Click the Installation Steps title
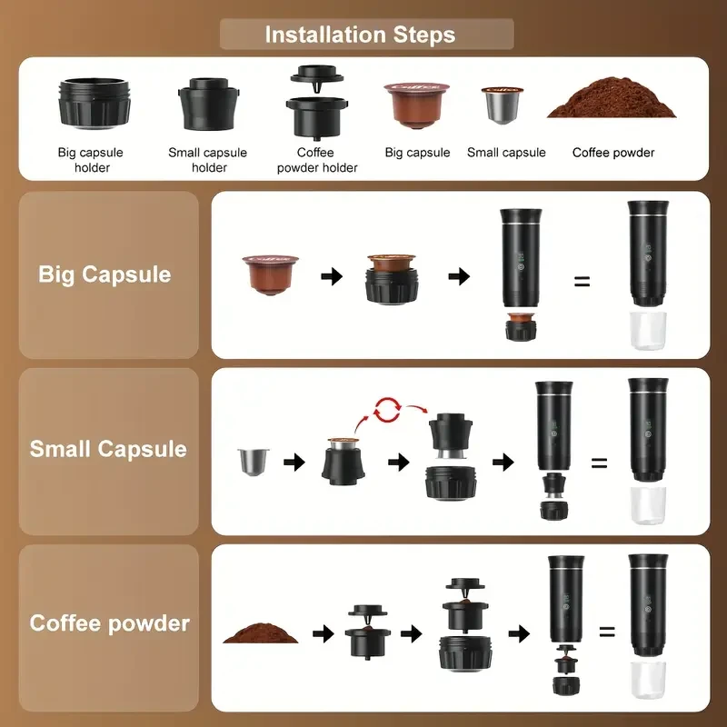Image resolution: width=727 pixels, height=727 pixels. tap(360, 35)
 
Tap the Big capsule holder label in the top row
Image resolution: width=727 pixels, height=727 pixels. tap(91, 160)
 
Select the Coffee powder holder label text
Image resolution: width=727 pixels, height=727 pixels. tap(317, 160)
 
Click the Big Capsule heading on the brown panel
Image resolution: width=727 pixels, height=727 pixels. tap(105, 274)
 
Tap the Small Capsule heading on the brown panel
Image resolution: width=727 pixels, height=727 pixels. tap(108, 449)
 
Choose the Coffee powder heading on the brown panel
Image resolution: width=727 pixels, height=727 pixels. tap(109, 623)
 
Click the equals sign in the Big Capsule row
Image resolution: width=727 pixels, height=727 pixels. tap(582, 281)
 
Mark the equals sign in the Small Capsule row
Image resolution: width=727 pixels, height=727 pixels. tap(599, 463)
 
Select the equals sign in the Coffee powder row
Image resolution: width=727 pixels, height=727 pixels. tap(606, 632)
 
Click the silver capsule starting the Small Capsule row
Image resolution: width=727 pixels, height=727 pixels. tap(247, 462)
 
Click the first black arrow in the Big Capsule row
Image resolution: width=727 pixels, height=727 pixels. tap(333, 275)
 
